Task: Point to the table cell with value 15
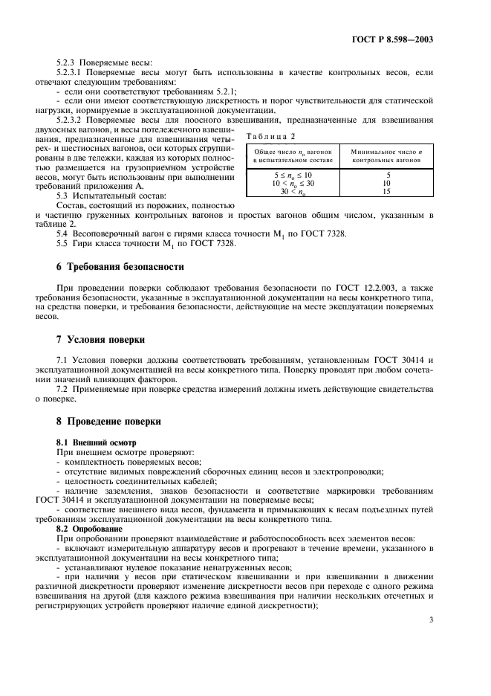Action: (x=383, y=190)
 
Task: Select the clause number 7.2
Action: (x=62, y=389)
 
